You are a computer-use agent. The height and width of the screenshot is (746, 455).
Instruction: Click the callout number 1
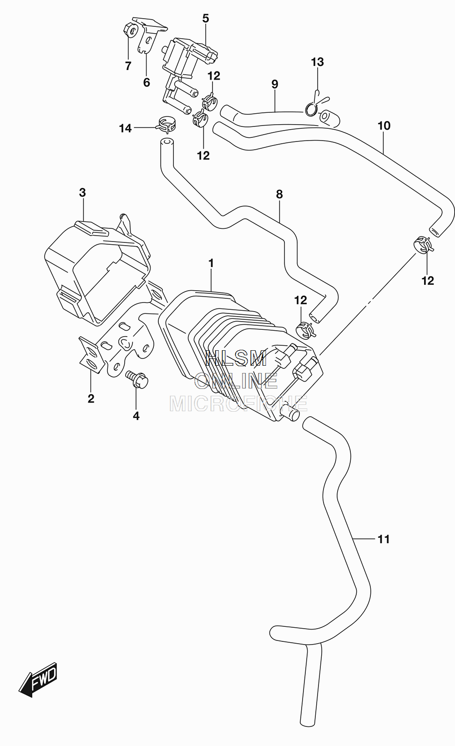click(x=211, y=263)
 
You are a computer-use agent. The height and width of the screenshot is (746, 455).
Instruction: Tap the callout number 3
click(x=83, y=192)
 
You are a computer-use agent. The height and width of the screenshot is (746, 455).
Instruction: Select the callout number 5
click(x=206, y=18)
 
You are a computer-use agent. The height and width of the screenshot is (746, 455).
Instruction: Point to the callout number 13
click(x=318, y=61)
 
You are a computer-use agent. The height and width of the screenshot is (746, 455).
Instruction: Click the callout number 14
click(x=126, y=128)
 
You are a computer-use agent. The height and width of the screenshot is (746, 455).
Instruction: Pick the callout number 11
click(x=384, y=539)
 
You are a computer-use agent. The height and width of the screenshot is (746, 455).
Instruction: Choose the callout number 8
click(x=279, y=194)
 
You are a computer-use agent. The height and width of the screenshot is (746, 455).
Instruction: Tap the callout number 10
click(x=384, y=126)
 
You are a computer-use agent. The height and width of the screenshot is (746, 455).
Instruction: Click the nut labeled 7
click(x=130, y=30)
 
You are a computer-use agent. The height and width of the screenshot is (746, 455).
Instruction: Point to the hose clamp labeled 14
click(x=166, y=124)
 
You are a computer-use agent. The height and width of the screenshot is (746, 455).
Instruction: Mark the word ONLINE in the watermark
click(x=236, y=381)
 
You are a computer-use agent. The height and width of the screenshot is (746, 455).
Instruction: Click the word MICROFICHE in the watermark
click(x=238, y=403)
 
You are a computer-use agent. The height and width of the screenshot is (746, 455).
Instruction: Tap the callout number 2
click(x=91, y=398)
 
